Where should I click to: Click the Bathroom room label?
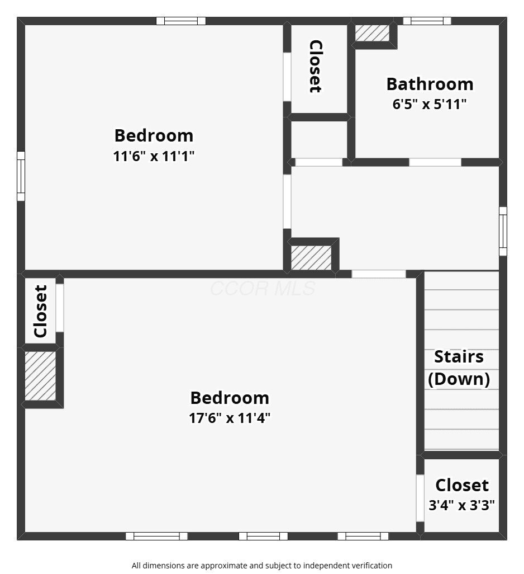point(430,84)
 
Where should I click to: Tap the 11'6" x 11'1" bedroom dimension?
point(154,156)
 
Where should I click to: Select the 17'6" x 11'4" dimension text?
point(230,418)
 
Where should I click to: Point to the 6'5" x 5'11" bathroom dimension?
point(430,104)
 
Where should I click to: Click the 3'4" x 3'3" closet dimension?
point(461,505)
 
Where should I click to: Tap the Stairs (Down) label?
point(459,368)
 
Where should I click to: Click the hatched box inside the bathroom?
point(372,33)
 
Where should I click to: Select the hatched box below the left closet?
point(40,376)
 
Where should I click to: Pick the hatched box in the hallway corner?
point(311,258)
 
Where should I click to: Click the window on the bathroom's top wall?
point(427,21)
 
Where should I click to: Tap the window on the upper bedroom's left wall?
point(21,176)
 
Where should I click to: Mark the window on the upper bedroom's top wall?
point(181,21)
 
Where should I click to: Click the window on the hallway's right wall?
point(503,231)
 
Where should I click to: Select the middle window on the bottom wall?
point(263,536)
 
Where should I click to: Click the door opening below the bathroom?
point(435,162)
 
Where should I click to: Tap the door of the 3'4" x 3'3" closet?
point(420,498)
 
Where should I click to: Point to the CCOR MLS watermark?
point(263,289)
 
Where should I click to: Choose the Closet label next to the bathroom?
point(316,66)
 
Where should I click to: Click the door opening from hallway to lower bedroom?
point(379,274)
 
